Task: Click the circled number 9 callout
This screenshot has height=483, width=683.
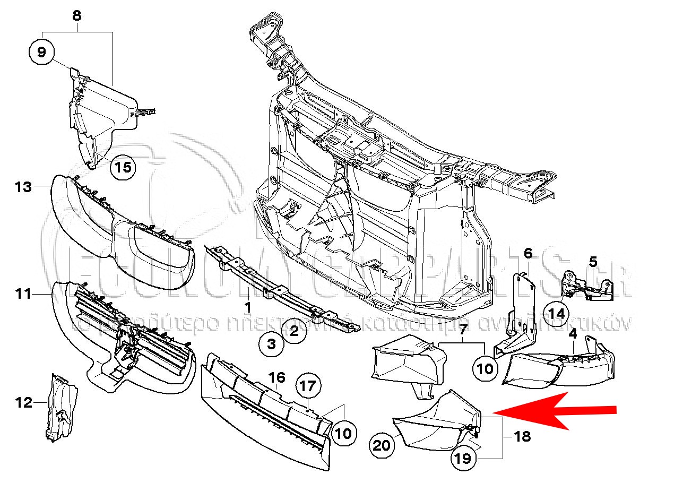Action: click(x=42, y=53)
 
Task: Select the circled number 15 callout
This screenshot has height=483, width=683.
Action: click(x=123, y=168)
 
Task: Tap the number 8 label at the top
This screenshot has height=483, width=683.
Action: click(x=77, y=16)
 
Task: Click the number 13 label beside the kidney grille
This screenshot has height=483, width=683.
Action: click(x=23, y=187)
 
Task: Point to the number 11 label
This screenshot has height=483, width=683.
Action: click(x=23, y=294)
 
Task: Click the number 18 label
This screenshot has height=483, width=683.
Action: click(x=522, y=437)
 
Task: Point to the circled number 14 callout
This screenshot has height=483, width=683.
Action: click(x=557, y=313)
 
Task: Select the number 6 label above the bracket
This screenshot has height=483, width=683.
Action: click(x=528, y=254)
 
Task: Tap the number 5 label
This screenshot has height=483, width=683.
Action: click(x=593, y=261)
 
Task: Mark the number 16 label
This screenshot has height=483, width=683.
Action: click(x=276, y=378)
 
